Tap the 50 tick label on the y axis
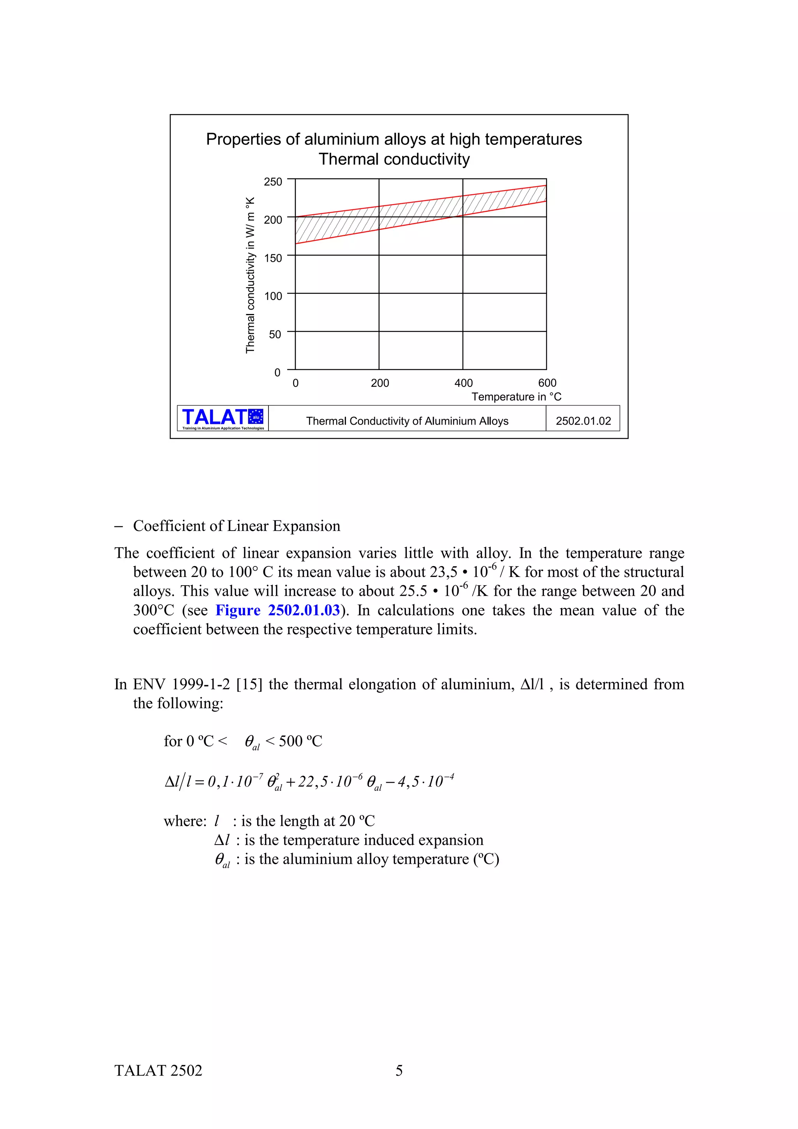coord(275,334)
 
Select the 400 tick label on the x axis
coord(463,383)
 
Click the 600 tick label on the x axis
coord(547,383)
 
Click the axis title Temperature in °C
coord(516,397)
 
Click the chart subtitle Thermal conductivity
coord(394,159)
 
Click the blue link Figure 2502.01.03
coord(277,610)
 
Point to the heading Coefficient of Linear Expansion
coord(237,526)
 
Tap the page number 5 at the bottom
coord(399,1071)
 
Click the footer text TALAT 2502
coord(158,1071)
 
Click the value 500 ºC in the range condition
coord(300,741)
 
